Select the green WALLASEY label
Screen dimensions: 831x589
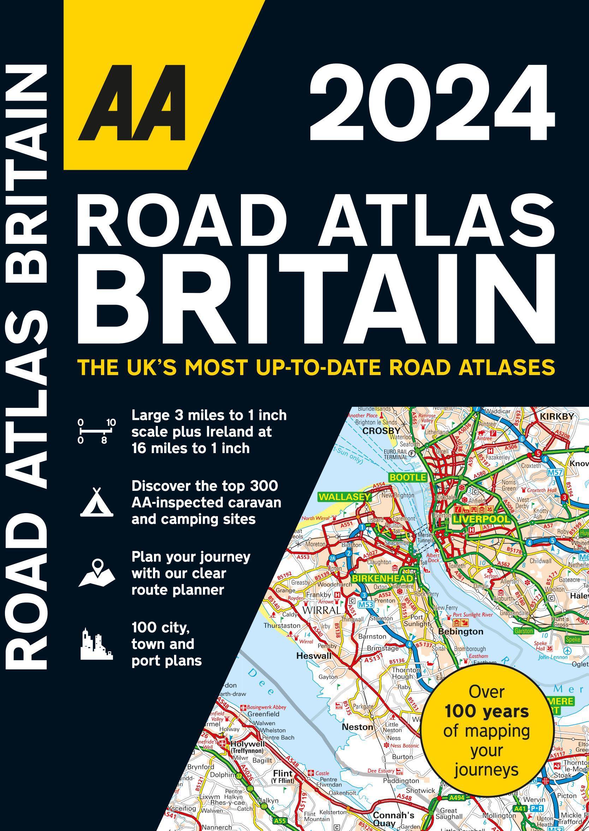pyautogui.click(x=345, y=497)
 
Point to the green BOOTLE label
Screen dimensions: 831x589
pyautogui.click(x=407, y=477)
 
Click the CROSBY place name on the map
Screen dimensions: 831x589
pyautogui.click(x=382, y=430)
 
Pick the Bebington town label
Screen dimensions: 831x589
pyautogui.click(x=460, y=632)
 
